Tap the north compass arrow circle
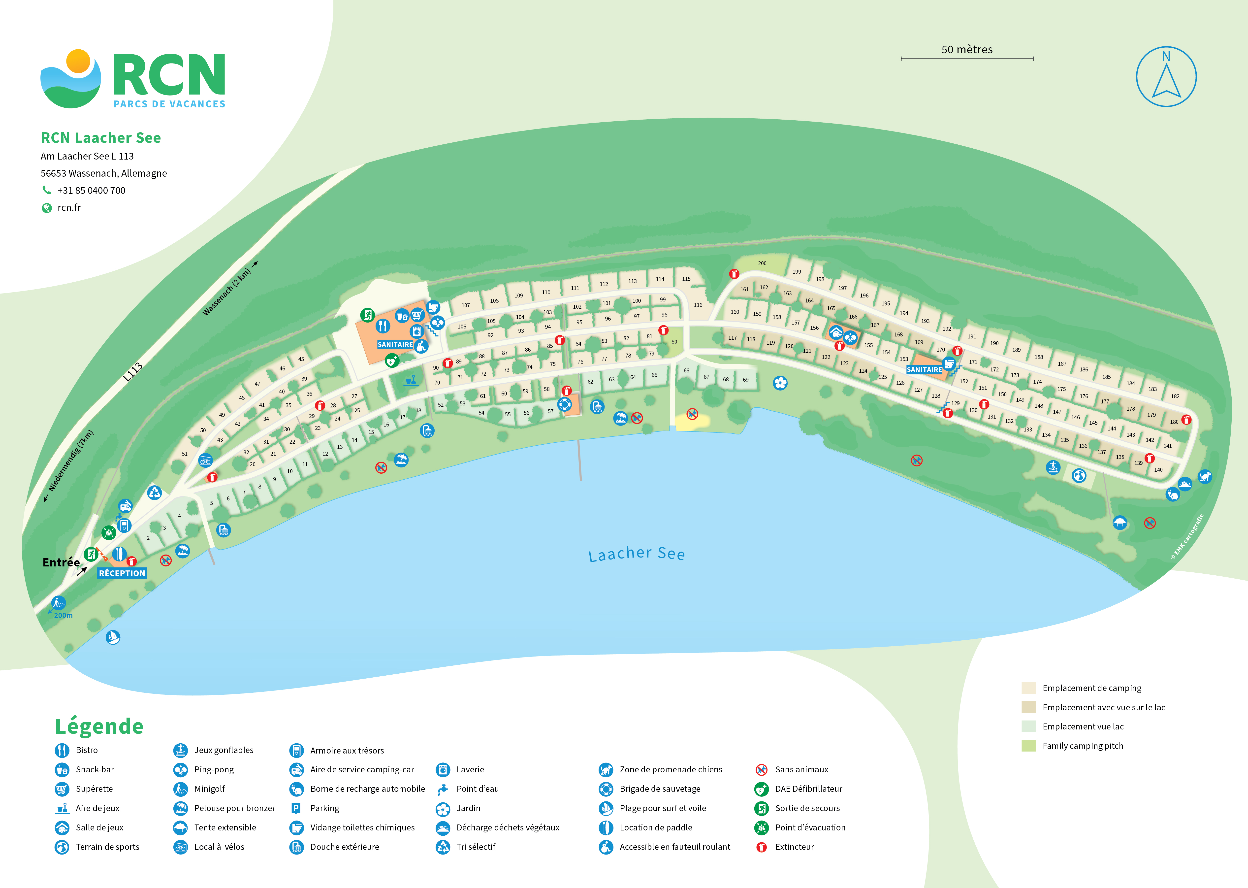pos(1166,77)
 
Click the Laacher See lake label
pos(636,554)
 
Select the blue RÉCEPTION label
pos(122,573)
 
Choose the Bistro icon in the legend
pos(62,750)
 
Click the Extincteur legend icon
pos(761,847)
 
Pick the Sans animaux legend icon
pos(761,770)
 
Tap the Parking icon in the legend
pos(296,808)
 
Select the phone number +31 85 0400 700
pos(91,190)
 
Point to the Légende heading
pos(99,726)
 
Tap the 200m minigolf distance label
pos(64,616)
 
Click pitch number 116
pos(698,305)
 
